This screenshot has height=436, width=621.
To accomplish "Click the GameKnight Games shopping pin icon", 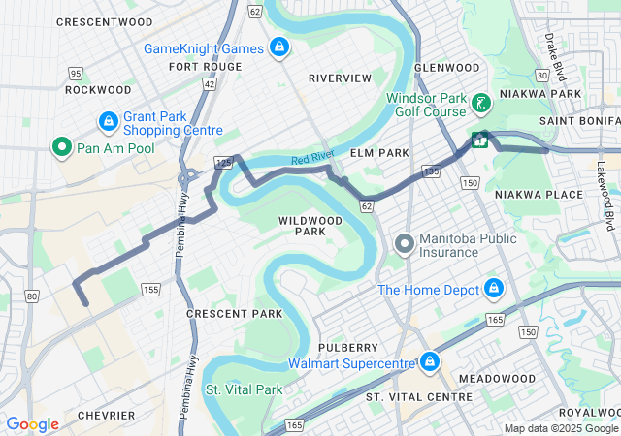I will point(279,47).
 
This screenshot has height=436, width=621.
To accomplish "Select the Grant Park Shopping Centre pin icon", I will point(109,122).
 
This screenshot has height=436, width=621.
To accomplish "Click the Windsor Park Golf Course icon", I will point(479,103).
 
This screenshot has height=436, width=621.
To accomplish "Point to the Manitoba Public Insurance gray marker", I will point(405,244).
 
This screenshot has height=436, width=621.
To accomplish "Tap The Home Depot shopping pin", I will point(495,290).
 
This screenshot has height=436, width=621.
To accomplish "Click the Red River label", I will point(312,160).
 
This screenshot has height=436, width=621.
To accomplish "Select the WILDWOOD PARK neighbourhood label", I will point(310,226).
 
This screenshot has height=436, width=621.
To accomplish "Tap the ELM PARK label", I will point(374,153).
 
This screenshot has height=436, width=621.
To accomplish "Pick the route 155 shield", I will point(150,289).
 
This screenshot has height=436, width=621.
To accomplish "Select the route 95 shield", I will point(76,74).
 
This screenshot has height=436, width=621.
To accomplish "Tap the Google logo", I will point(32,424).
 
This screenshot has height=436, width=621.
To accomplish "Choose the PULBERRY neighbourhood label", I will point(346,347).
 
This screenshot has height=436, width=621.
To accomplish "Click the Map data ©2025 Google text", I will point(561,428).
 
